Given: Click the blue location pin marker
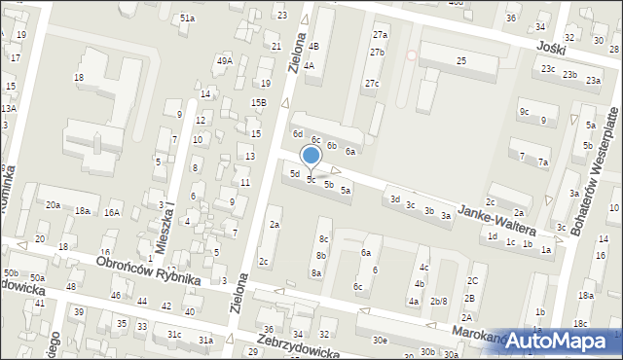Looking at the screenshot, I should (x=311, y=157).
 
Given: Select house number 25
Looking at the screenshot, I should (x=461, y=61).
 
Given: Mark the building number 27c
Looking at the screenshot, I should (x=372, y=84).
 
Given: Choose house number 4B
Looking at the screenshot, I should (x=313, y=46).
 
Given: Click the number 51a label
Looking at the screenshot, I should (x=187, y=18).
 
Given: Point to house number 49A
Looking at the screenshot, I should (x=225, y=61).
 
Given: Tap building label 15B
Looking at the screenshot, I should (x=258, y=102).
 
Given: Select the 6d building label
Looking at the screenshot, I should (x=299, y=133).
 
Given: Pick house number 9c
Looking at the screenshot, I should (x=524, y=112).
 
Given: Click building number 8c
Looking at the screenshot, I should (x=323, y=238).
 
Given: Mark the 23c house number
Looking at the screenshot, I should (x=549, y=69).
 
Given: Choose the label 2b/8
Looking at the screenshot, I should (x=438, y=301).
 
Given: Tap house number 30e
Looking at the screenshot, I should (x=380, y=340).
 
